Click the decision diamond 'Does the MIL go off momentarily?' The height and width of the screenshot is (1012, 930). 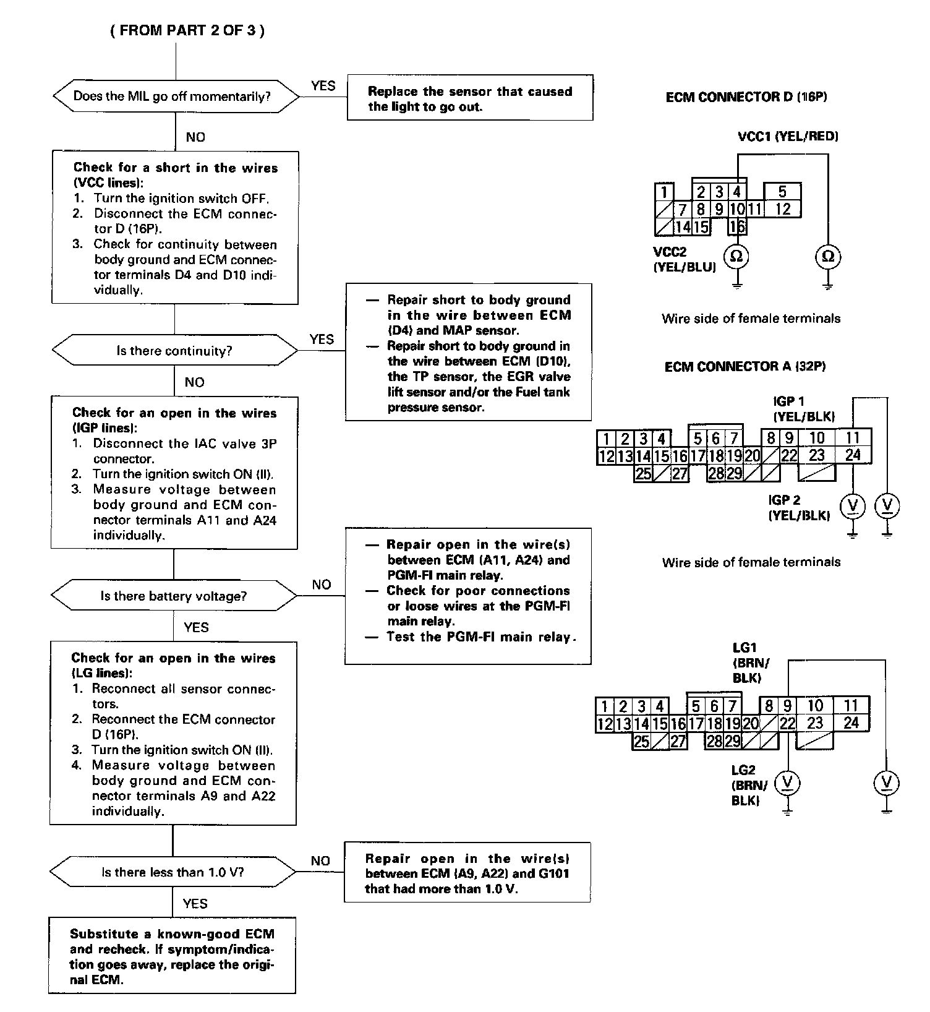coord(175,96)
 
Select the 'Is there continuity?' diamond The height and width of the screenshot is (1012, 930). coord(174,351)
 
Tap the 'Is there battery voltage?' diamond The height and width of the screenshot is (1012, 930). coord(174,596)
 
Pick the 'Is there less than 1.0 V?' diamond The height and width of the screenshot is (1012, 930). coord(173,872)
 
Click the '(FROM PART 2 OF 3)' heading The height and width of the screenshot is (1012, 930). coord(187,31)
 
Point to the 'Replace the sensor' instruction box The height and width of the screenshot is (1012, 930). coord(470,98)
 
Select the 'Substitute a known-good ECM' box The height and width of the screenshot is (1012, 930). coord(172,955)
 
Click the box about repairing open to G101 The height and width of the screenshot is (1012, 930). coord(467,873)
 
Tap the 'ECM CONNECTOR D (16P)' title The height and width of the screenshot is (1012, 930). coord(746,97)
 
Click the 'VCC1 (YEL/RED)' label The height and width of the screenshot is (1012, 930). coord(788,136)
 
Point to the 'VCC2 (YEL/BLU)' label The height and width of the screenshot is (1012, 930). coord(684,260)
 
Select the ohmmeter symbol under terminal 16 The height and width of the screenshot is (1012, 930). coord(736,256)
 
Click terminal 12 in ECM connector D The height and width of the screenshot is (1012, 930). coord(783,209)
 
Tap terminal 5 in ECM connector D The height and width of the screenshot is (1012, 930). coord(783,191)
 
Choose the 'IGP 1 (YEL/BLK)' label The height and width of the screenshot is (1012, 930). coord(803,409)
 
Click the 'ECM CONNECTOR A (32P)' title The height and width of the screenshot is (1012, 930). coord(745,367)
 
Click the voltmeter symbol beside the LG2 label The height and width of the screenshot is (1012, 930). coord(787,783)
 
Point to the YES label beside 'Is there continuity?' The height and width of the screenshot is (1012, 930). coord(322,339)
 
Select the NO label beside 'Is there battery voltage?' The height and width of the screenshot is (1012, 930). coord(321,585)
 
